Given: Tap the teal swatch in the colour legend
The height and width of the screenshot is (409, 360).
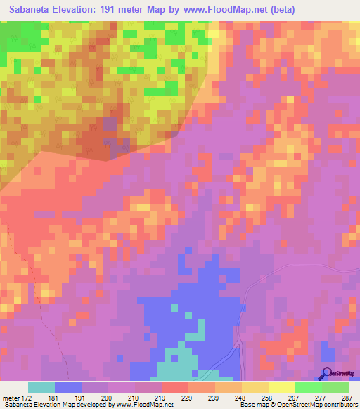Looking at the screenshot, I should click(x=41, y=387).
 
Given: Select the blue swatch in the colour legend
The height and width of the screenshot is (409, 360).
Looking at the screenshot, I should click(x=67, y=387).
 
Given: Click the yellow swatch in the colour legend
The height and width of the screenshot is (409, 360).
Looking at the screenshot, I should click(x=281, y=387).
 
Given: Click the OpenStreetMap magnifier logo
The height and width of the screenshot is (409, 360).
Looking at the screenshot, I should click(x=326, y=373).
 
